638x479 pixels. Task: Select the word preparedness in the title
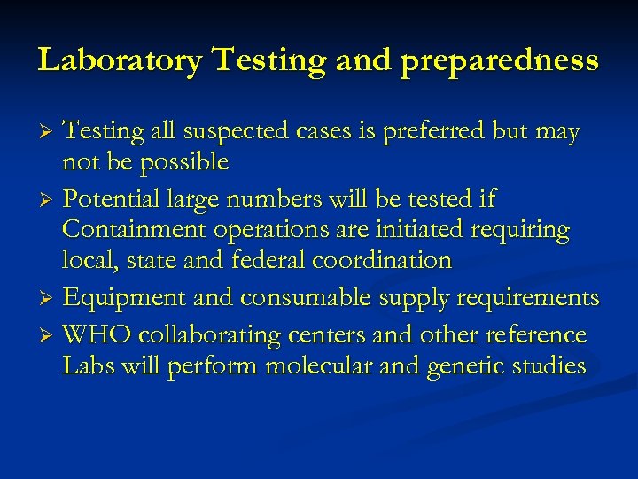[499, 62]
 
